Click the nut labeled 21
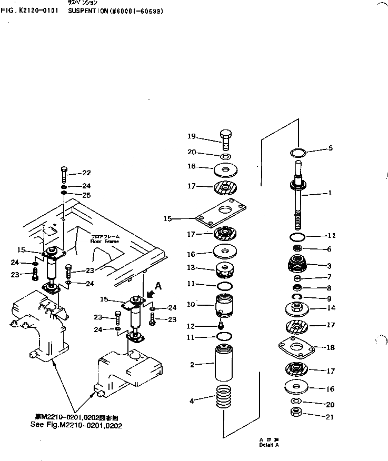coord(296,412)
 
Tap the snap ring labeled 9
coord(297,298)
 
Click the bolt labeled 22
coord(63,172)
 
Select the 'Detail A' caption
coord(269,445)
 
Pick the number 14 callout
coord(331,308)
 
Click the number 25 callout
coord(87,195)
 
